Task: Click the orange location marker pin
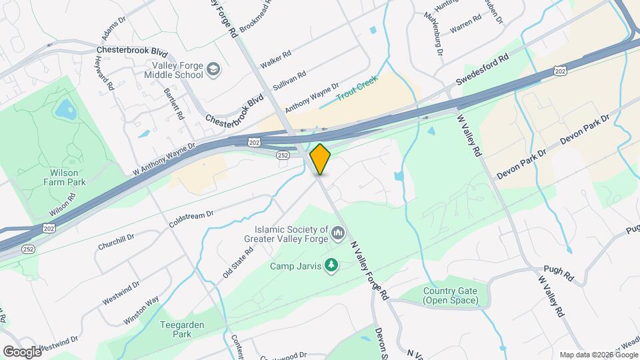pyautogui.click(x=320, y=159)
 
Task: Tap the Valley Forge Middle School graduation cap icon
pyautogui.click(x=213, y=69)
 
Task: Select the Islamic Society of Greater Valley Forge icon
pyautogui.click(x=338, y=233)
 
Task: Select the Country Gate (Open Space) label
pyautogui.click(x=451, y=295)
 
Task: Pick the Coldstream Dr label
pyautogui.click(x=191, y=219)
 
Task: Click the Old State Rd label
pyautogui.click(x=238, y=262)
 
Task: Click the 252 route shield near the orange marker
pyautogui.click(x=283, y=155)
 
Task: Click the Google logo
pyautogui.click(x=22, y=351)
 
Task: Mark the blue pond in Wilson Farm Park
pyautogui.click(x=65, y=108)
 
